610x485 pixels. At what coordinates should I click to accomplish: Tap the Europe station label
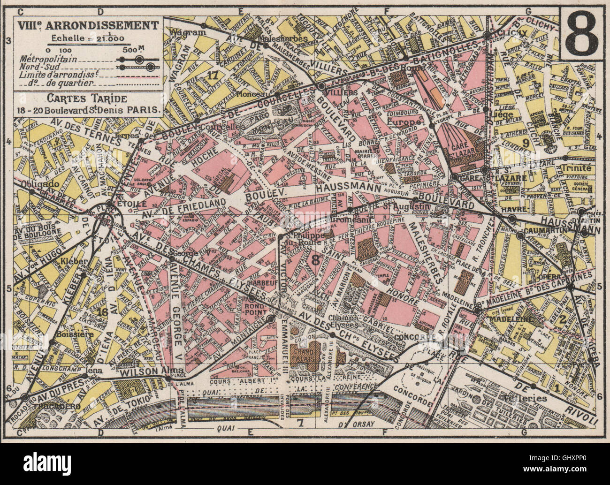tap(404, 121)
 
